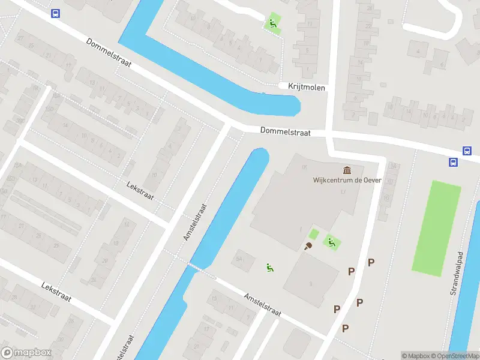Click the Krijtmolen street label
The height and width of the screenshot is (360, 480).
coord(306,88)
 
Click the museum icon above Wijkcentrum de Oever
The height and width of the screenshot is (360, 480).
coord(346,170)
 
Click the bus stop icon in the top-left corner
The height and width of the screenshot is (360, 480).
coord(56,13)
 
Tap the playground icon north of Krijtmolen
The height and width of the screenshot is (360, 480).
coord(272,23)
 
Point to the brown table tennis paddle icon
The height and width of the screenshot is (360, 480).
coord(309,245)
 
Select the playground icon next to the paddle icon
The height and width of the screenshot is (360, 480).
coord(331,242)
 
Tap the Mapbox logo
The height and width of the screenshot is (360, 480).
coord(26,352)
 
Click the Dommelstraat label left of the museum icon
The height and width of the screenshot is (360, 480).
coord(285,131)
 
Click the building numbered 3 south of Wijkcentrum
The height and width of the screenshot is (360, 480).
coord(311,282)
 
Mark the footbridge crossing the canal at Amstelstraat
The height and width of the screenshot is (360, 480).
coord(193,265)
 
